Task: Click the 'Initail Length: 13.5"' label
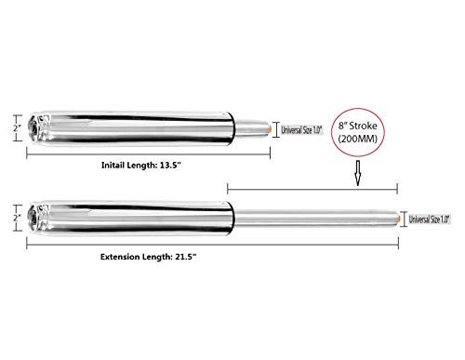tap(141, 166)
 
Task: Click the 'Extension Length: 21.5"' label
tap(149, 257)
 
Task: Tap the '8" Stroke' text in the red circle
tap(358, 126)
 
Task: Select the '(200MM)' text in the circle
tap(358, 139)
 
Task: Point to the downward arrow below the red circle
tap(358, 173)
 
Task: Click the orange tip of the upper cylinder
tap(271, 128)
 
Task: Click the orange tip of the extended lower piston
tap(399, 219)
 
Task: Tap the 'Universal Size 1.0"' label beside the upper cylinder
tap(301, 129)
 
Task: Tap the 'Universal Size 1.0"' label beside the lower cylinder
tap(429, 220)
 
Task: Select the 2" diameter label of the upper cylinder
tap(17, 127)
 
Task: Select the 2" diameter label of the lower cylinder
tap(17, 218)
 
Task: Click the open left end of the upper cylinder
tap(33, 127)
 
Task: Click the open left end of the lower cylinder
tap(33, 218)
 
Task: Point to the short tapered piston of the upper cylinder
tap(251, 127)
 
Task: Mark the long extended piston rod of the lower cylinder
tap(315, 219)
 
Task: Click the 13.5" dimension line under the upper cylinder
tap(149, 153)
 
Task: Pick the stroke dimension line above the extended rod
tap(312, 189)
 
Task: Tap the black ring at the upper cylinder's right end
tap(232, 128)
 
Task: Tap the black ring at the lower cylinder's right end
tap(232, 218)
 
